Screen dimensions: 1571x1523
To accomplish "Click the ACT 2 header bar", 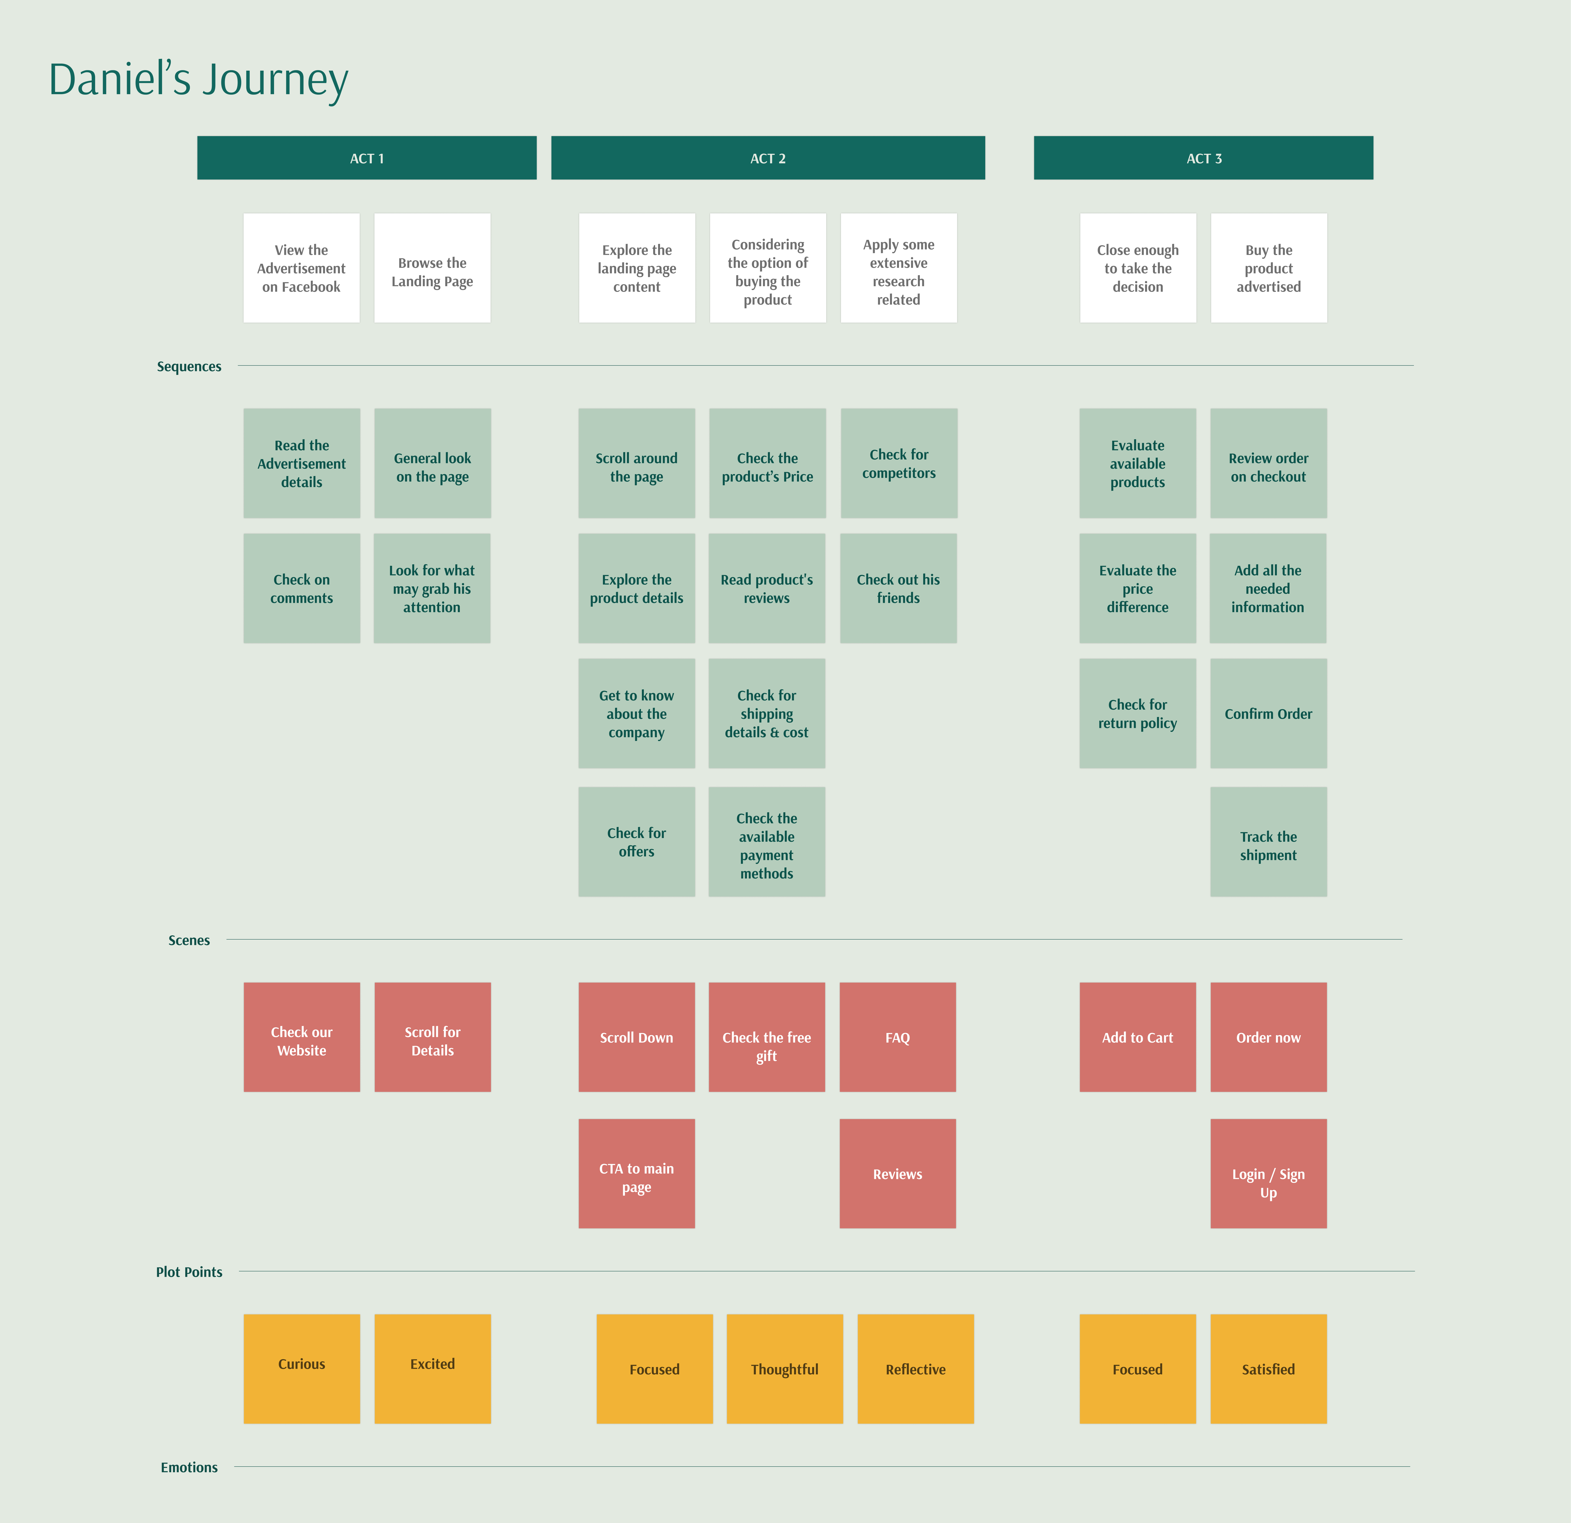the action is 768,158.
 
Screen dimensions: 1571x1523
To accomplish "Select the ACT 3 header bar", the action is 1203,158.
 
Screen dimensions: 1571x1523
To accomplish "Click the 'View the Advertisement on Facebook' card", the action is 301,268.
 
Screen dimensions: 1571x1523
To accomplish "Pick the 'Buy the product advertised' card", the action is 1269,268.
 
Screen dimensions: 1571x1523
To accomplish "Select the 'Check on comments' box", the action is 301,589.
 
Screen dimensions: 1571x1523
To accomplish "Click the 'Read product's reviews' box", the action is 767,589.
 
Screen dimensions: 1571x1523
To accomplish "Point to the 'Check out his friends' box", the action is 898,589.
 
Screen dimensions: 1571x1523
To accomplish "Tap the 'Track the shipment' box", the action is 1269,842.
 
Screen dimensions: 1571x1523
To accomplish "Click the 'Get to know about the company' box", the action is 636,714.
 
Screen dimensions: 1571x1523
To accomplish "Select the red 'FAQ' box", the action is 898,1037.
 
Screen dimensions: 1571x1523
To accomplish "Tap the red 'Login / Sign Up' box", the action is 1269,1173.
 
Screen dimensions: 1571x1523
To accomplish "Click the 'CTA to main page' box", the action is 636,1173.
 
